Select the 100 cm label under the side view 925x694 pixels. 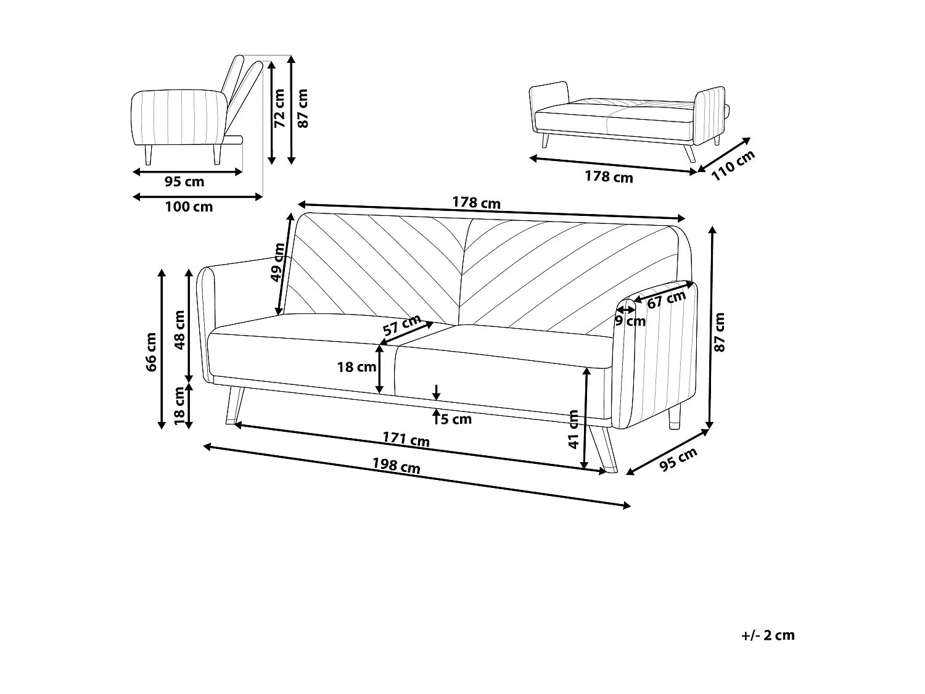tap(189, 207)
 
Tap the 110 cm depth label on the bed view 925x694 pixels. tap(733, 165)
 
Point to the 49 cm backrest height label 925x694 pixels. tap(279, 262)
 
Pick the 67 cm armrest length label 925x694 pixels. tap(667, 300)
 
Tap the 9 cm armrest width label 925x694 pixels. tap(630, 321)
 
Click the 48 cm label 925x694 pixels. tap(179, 330)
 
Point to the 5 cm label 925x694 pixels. tap(456, 419)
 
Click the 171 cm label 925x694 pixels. tap(406, 439)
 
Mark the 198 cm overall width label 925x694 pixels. tap(397, 466)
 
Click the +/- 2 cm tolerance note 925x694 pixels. tap(768, 635)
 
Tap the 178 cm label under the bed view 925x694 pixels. tap(609, 177)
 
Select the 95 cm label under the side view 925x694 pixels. tap(184, 182)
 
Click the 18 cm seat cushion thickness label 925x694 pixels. tap(356, 368)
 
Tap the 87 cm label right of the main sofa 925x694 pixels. tap(719, 332)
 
